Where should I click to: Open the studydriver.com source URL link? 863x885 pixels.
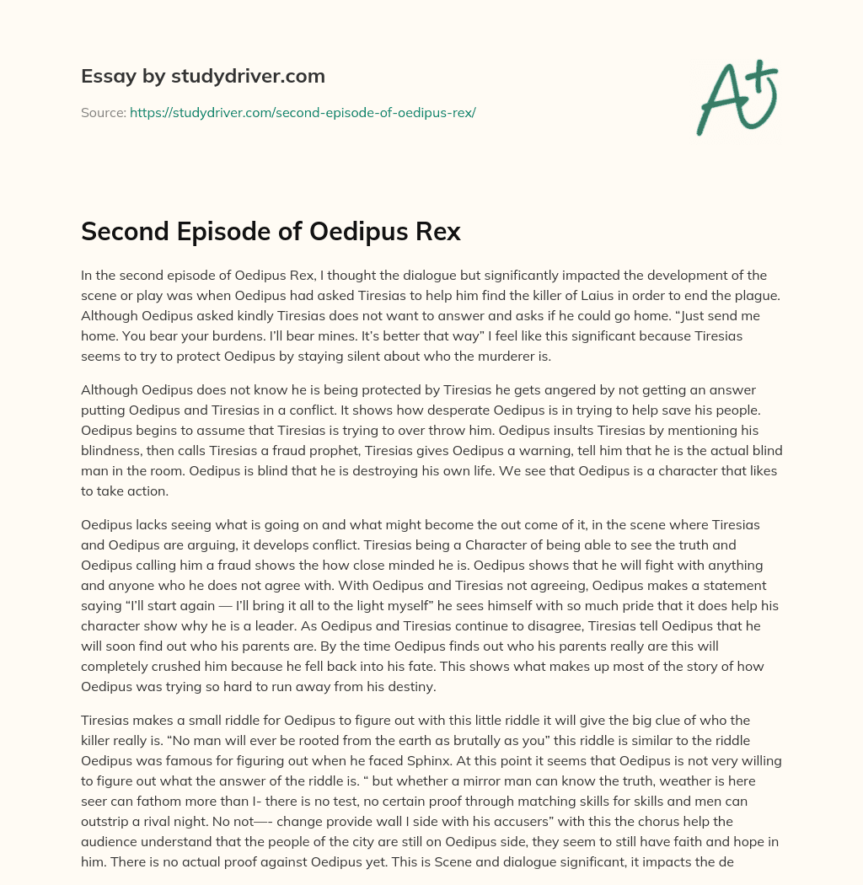coord(303,112)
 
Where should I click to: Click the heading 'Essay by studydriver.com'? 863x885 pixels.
coord(202,76)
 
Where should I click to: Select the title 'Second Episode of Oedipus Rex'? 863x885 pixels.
coord(271,232)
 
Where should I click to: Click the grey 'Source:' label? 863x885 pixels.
coord(103,112)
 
